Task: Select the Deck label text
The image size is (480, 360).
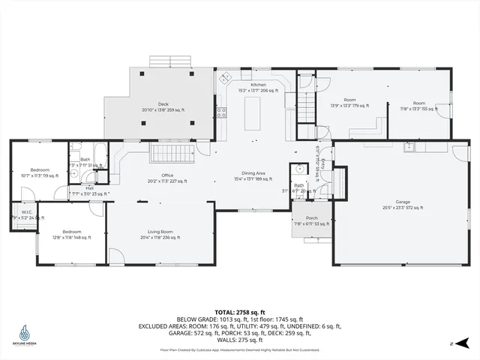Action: (163, 106)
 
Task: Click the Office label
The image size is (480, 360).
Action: (167, 178)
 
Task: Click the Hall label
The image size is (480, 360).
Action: (89, 189)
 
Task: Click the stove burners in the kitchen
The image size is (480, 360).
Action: (222, 113)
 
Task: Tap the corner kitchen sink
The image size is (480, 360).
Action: (224, 77)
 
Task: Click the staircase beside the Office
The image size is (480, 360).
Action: (167, 154)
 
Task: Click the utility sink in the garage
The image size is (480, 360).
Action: (409, 146)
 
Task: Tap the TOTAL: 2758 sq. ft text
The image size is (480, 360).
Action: (240, 311)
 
